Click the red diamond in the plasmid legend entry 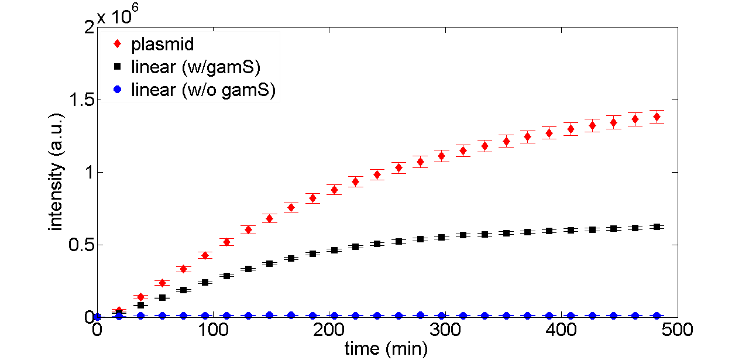(118, 44)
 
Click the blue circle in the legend (118, 90)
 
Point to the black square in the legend (118, 67)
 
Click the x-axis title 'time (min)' (386, 349)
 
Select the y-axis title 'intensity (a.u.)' (56, 173)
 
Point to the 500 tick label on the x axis (676, 330)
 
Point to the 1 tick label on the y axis (88, 173)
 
